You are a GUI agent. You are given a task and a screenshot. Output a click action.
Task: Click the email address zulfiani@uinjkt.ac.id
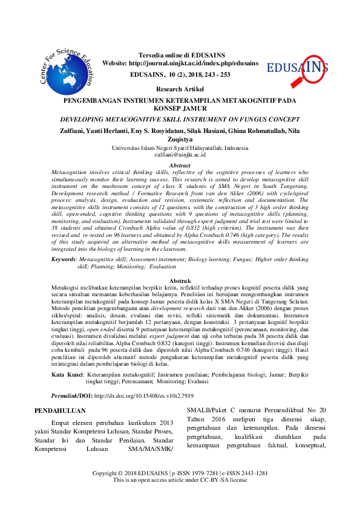pos(180,155)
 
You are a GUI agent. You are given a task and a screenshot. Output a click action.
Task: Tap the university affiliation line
pos(180,148)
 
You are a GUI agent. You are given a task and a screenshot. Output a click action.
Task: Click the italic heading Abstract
pos(180,165)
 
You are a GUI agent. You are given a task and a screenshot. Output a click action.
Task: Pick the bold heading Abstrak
pos(180,282)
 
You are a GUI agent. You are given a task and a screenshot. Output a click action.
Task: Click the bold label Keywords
pos(65,258)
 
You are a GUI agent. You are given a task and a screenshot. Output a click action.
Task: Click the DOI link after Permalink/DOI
pos(141,394)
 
